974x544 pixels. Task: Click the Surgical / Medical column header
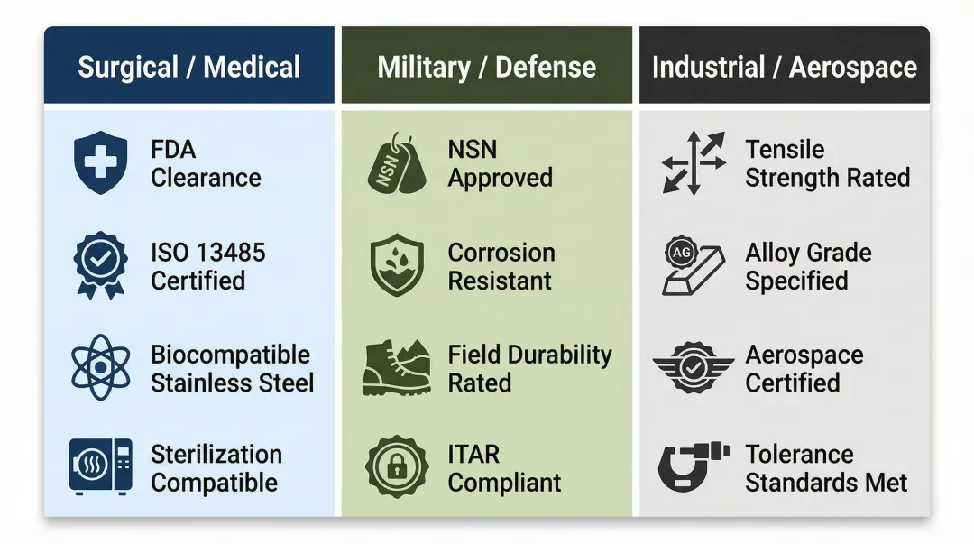pos(188,67)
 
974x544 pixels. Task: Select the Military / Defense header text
pos(486,67)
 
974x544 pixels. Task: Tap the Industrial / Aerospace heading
pos(784,67)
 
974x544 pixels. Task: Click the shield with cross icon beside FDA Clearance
pos(99,163)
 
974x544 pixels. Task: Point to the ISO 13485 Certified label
pos(207,266)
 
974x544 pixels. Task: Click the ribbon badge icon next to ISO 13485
pos(99,265)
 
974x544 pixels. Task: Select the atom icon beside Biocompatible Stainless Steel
pos(99,367)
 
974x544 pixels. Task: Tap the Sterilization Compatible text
pos(216,468)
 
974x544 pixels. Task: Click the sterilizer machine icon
pos(100,467)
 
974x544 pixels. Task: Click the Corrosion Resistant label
pos(501,266)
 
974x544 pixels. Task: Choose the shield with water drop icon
pos(397,265)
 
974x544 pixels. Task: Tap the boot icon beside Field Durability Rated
pos(397,367)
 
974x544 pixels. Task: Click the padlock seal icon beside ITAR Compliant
pos(397,467)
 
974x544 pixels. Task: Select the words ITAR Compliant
pos(504,468)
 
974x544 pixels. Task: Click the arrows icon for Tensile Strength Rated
pos(694,163)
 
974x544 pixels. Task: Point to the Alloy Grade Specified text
pos(808,266)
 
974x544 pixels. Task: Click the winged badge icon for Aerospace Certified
pos(694,367)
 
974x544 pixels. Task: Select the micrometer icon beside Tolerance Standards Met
pos(693,467)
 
